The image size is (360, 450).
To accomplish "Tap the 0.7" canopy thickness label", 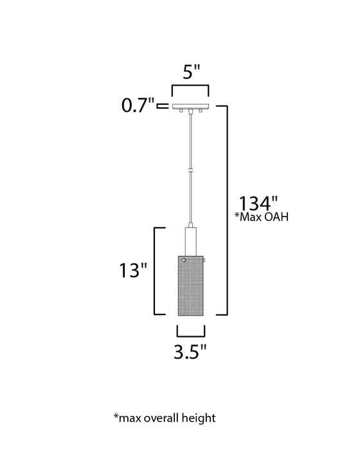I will [x=139, y=105].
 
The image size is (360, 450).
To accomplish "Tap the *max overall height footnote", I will [x=165, y=418].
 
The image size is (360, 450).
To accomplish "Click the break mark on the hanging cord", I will [x=191, y=172].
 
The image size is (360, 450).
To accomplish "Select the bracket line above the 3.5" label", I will [x=191, y=335].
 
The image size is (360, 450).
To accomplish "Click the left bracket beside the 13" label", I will [x=155, y=271].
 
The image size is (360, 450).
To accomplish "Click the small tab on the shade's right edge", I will [x=206, y=260].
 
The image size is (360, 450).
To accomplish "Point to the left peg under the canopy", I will [x=182, y=112].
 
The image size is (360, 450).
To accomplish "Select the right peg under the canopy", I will [x=201, y=112].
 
